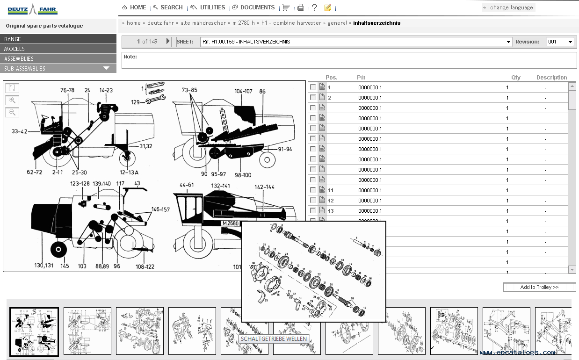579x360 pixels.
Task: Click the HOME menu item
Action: (x=134, y=7)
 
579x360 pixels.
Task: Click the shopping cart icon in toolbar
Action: (x=285, y=7)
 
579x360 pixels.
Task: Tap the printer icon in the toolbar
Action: (x=301, y=7)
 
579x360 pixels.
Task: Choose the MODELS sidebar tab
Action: (x=58, y=49)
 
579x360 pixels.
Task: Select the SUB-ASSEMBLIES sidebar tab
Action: (x=58, y=69)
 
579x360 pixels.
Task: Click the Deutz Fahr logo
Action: (x=32, y=9)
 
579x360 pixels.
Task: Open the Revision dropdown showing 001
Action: (x=560, y=42)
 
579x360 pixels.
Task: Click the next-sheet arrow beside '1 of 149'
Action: (x=168, y=42)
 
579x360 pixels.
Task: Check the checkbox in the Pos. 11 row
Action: (x=313, y=190)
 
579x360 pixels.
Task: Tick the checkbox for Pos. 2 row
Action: (x=313, y=98)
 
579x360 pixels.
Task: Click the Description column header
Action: (x=551, y=78)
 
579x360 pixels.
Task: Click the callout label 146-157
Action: (x=160, y=209)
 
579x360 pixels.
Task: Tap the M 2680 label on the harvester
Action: (x=231, y=223)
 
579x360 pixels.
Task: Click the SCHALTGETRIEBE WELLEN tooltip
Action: (x=274, y=339)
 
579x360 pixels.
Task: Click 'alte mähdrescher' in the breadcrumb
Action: (x=203, y=23)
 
